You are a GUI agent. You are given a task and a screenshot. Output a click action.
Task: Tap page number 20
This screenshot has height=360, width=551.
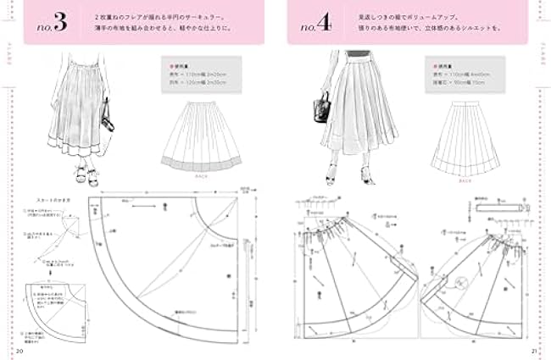click(20, 349)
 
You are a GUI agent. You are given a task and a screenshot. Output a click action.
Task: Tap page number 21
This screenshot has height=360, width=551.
click(532, 349)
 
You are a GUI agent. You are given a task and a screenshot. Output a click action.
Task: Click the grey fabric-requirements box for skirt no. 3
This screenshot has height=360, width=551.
click(198, 75)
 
